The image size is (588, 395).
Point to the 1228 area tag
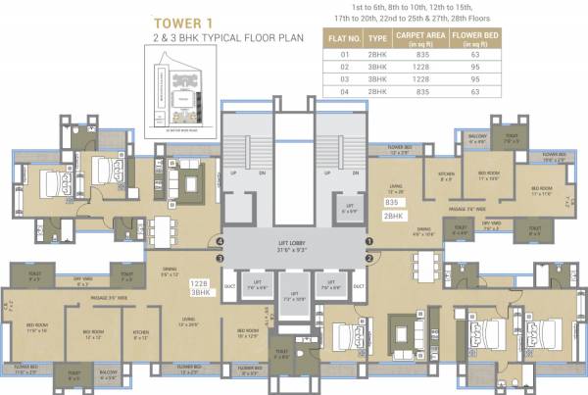201,282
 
